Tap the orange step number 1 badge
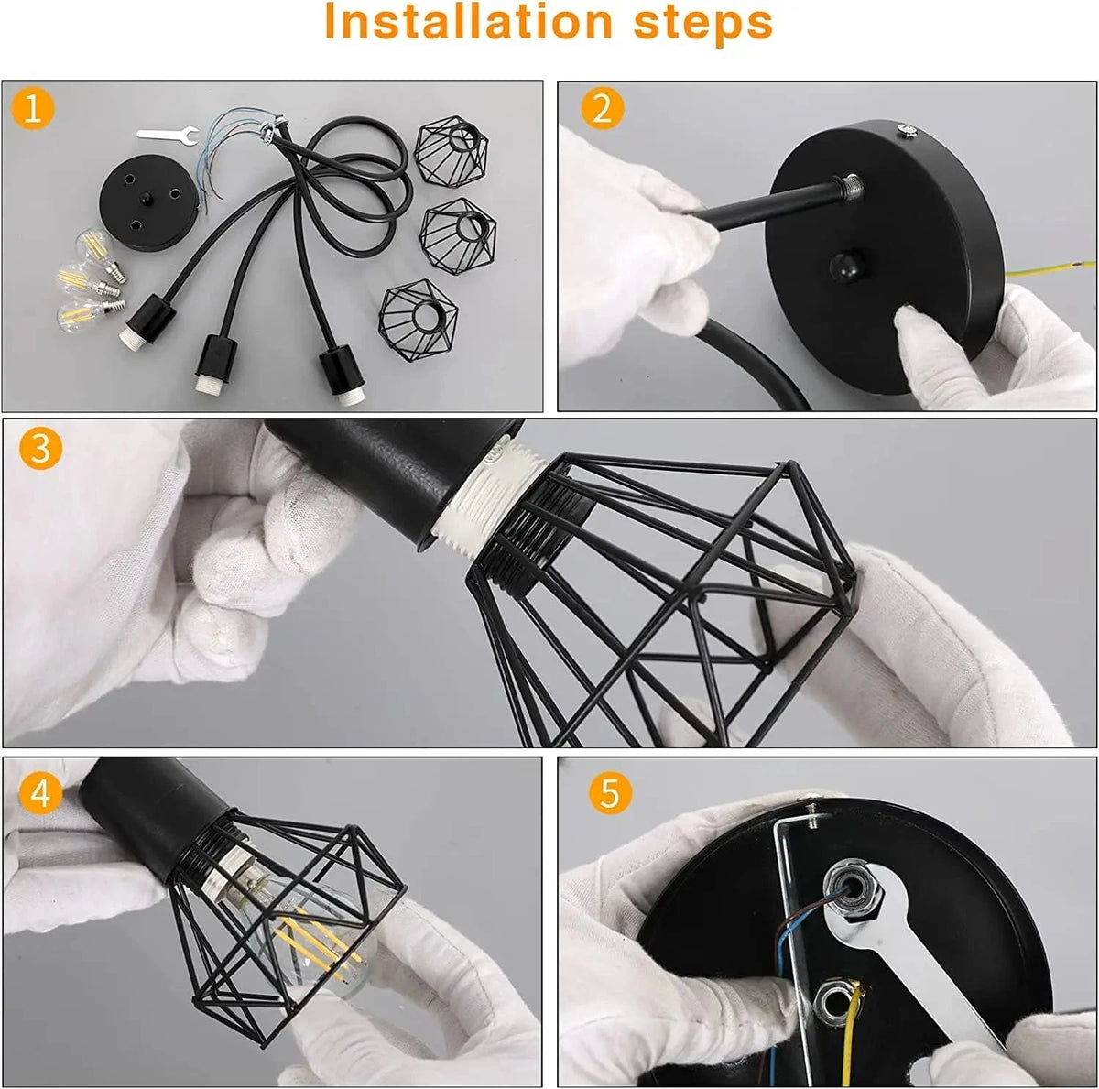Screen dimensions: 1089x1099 (x=34, y=110)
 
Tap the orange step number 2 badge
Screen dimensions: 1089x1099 (x=602, y=109)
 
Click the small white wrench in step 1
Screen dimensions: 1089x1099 (x=166, y=134)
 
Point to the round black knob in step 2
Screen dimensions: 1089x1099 (x=841, y=266)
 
